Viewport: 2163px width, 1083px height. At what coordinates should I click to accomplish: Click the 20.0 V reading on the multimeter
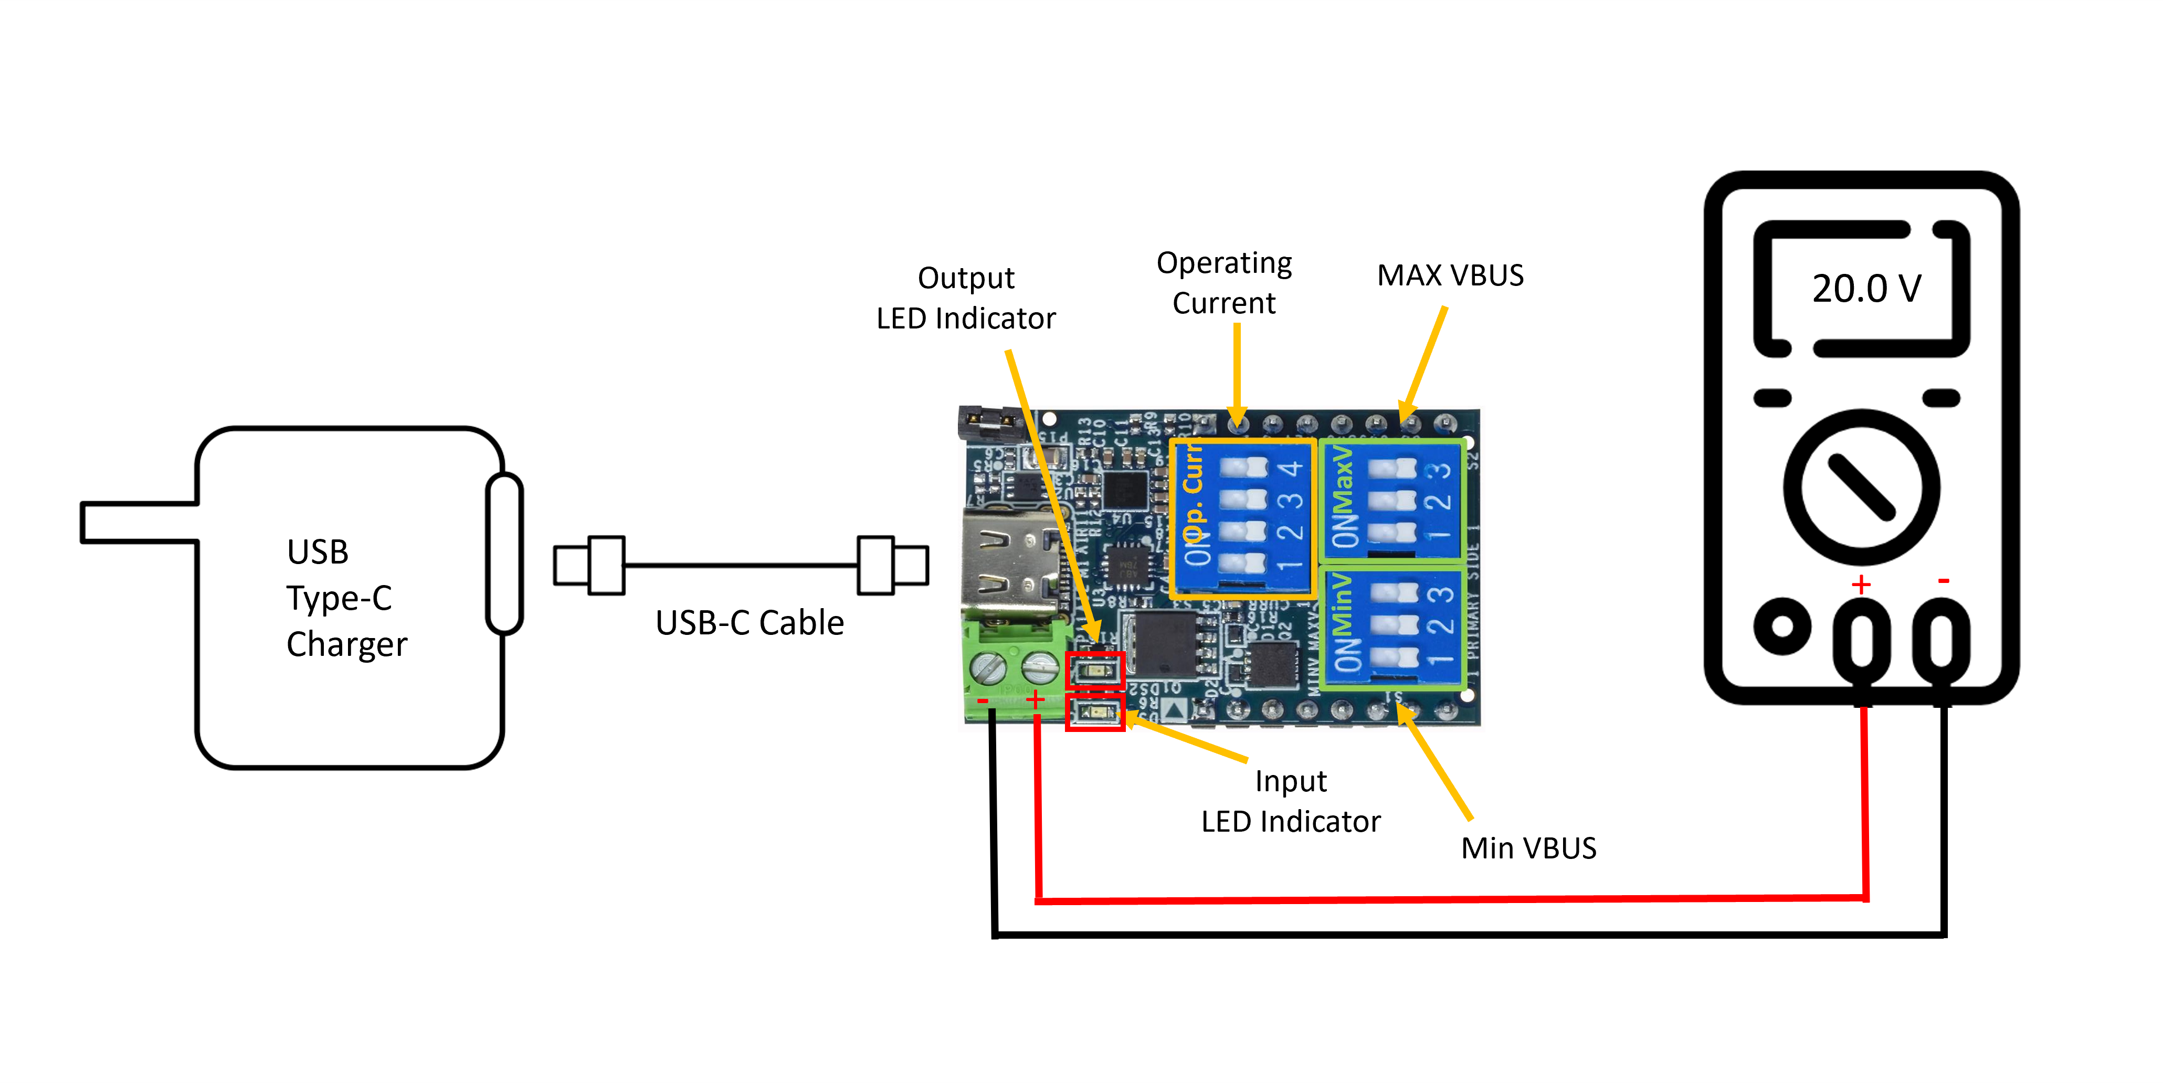pos(1866,289)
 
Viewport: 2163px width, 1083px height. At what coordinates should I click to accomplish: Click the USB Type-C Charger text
pos(346,598)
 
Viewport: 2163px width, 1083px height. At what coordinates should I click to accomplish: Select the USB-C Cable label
pos(749,623)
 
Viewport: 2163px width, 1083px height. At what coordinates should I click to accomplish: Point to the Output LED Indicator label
pos(966,298)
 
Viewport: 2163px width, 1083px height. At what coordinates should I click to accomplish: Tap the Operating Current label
pos(1224,283)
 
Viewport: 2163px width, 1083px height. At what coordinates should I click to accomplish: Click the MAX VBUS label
pos(1450,275)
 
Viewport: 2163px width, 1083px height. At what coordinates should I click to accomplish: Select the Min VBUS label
pos(1528,848)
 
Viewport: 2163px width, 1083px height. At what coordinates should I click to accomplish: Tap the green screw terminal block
pos(1015,672)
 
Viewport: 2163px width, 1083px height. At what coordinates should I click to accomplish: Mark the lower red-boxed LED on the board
pos(1095,713)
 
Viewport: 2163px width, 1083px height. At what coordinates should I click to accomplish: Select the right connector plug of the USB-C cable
pos(893,565)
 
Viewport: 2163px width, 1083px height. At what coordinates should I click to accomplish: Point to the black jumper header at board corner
pos(991,422)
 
